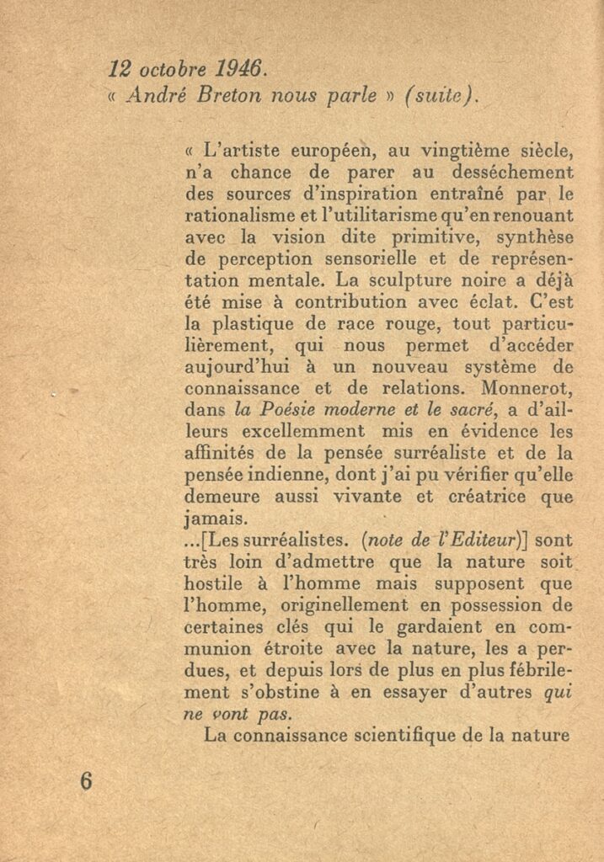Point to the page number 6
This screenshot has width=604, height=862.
tap(86, 780)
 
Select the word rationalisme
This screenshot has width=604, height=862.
tap(235, 216)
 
